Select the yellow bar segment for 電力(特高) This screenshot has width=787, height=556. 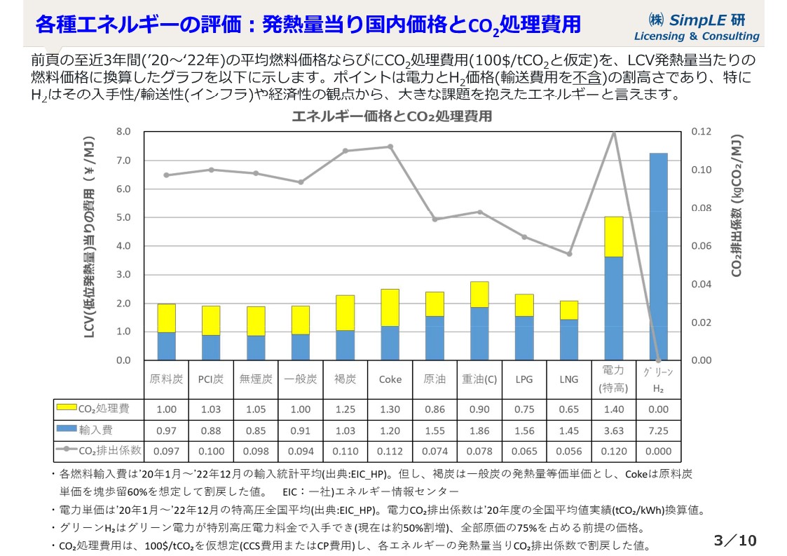[613, 237]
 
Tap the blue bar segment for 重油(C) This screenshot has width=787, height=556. [479, 334]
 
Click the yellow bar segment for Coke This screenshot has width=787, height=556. [390, 308]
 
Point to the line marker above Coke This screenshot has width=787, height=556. [390, 147]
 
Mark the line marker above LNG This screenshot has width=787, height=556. [569, 254]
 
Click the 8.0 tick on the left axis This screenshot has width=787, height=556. [123, 132]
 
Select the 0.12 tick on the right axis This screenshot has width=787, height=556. [701, 132]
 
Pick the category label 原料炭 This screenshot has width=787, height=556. [166, 379]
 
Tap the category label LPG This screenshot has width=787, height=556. [524, 379]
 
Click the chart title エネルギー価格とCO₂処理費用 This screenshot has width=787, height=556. [392, 116]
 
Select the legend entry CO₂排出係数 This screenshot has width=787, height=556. [98, 451]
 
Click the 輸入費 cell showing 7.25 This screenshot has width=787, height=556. [658, 430]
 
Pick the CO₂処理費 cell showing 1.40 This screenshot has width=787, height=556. [613, 409]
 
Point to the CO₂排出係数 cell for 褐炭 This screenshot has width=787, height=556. [345, 452]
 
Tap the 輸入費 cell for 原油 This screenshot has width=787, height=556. [434, 430]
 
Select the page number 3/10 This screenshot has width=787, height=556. [734, 540]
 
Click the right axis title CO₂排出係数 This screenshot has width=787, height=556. [737, 207]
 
